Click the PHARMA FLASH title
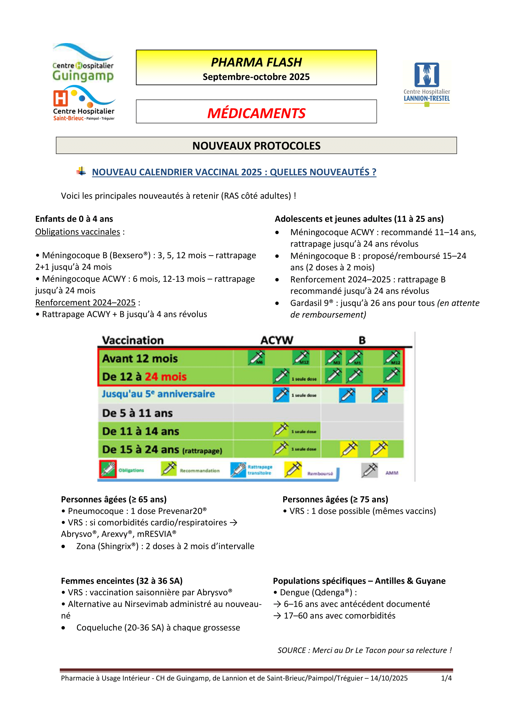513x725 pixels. pos(256,63)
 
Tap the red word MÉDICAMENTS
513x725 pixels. pos(256,113)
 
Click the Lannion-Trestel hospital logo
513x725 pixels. pos(426,84)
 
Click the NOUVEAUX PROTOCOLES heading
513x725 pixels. pos(256,146)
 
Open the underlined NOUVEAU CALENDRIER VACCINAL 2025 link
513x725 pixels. pos(234,172)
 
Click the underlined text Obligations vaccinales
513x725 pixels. pos(78,232)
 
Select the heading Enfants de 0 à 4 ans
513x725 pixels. pos(74,219)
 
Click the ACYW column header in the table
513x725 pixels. pos(277,340)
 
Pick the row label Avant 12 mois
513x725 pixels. pos(140,359)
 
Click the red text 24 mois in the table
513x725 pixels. pos(166,377)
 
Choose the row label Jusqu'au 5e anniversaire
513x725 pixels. pos(158,394)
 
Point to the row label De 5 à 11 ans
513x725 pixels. pos(137,413)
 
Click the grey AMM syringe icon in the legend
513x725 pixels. pos(369,471)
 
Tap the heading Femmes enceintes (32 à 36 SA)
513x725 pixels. pos(122,581)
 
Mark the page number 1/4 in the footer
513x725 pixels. pos(446,678)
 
